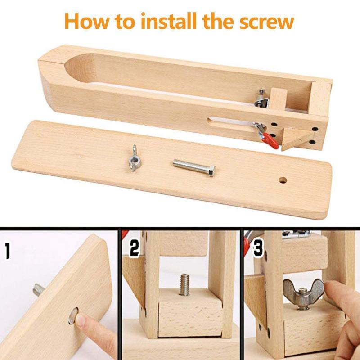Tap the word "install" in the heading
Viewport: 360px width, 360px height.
coord(168,21)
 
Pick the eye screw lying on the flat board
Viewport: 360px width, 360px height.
coord(134,158)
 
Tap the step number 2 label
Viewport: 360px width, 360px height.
coord(134,248)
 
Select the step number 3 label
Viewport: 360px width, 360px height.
coord(258,248)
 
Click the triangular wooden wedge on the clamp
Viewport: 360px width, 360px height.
coord(297,139)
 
